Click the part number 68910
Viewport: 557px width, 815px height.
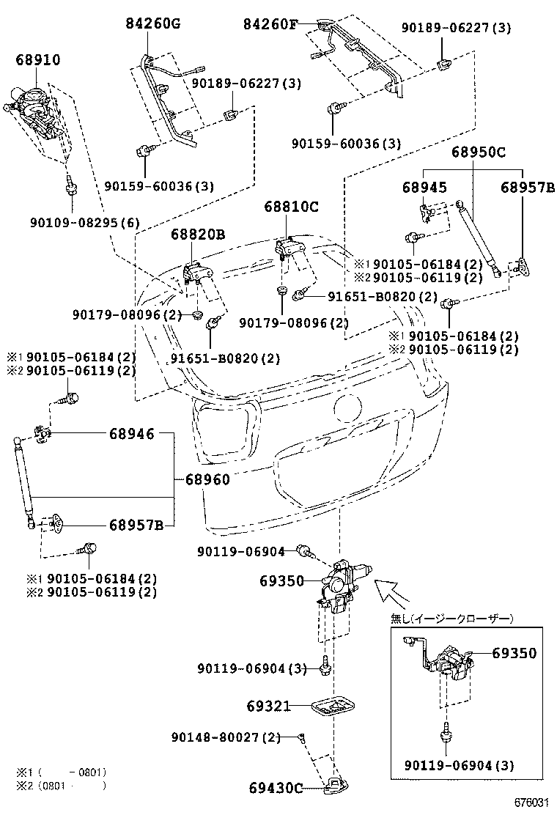(38, 59)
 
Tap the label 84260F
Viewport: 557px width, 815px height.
(271, 25)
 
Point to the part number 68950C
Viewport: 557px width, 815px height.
(479, 153)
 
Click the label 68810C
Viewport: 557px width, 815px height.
(292, 207)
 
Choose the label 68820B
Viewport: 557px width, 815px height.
(198, 235)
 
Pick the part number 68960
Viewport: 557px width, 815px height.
(207, 480)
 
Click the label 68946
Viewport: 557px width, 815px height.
(132, 434)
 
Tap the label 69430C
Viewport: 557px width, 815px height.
(275, 789)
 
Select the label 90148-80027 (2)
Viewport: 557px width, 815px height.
(226, 737)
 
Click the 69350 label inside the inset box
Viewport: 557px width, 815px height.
(514, 653)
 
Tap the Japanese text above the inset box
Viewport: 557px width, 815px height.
(451, 619)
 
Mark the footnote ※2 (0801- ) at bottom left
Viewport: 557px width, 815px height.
(62, 786)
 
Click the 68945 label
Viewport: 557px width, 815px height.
(424, 188)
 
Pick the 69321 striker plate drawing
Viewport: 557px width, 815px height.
(334, 707)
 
